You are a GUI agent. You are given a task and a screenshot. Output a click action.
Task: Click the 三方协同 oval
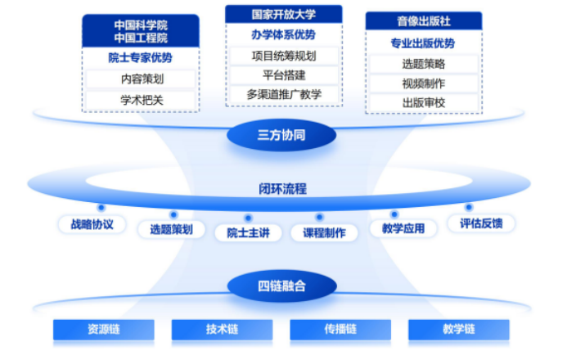point(281,135)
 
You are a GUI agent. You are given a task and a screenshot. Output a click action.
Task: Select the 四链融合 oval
point(282,286)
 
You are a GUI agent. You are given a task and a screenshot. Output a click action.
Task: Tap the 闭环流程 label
point(282,189)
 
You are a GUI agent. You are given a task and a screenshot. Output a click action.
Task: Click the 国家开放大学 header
point(283,15)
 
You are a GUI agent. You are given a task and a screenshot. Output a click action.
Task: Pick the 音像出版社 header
point(424,21)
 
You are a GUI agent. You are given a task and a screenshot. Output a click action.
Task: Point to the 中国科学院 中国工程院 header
point(141,31)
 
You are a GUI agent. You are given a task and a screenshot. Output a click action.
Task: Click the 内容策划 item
point(141,79)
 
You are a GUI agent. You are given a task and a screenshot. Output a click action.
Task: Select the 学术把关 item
point(141,100)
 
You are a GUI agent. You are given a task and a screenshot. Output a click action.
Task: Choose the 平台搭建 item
point(284,75)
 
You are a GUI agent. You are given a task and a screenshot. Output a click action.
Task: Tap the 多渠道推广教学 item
point(284,95)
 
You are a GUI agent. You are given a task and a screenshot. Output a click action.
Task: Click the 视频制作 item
point(424,83)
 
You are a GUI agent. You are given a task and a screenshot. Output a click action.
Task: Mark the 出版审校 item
point(424,103)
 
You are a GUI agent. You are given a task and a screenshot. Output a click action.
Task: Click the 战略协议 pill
point(92,224)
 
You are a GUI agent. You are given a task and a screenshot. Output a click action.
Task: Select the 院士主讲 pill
point(249,233)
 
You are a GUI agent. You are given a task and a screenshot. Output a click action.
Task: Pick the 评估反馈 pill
point(481,223)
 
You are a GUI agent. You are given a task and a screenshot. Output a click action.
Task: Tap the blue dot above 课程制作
point(319,218)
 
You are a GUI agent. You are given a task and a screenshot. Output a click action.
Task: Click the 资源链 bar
point(104,329)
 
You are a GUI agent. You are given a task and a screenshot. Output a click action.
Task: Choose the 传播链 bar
point(340,329)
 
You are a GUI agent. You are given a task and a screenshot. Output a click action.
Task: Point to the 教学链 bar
point(459,329)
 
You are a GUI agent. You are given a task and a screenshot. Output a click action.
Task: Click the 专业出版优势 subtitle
point(423,43)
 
